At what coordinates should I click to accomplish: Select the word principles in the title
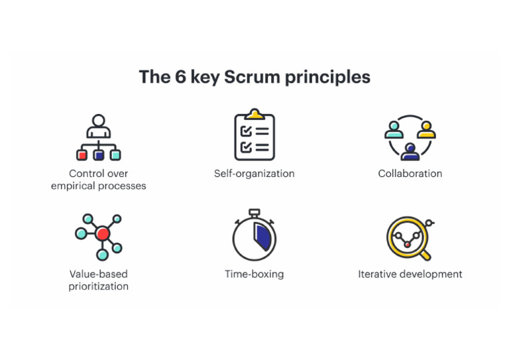coord(327,77)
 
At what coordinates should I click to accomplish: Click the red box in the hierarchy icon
coord(82,155)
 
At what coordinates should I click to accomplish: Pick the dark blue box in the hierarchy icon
coord(99,155)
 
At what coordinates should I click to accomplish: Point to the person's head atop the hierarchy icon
coord(99,121)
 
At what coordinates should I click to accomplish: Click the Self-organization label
coord(254,174)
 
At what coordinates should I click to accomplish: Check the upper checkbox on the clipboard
coord(246,131)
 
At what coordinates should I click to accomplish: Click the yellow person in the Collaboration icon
coord(425,128)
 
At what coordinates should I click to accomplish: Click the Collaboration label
coord(410,174)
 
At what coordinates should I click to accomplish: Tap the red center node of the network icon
coord(102,233)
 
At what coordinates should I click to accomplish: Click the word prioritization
coord(99,286)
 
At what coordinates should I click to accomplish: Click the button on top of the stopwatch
coord(254,212)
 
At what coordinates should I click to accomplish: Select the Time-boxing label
coord(254,274)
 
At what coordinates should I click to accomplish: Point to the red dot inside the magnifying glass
coord(408,244)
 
